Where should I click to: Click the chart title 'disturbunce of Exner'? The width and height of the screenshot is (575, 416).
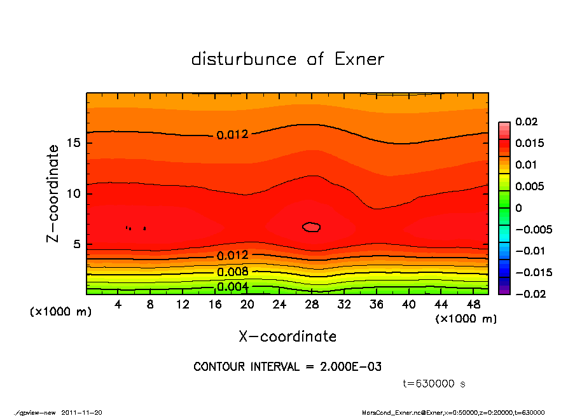[287, 59]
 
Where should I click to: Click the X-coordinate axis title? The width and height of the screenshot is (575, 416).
[287, 336]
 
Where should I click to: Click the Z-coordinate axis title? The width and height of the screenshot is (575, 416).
[53, 193]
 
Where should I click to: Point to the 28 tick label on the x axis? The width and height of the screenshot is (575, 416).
[312, 305]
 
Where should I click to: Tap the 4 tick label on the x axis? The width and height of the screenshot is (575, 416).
[118, 305]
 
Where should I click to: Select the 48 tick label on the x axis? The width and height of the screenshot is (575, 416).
[473, 305]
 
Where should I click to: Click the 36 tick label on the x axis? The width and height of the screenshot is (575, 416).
[376, 305]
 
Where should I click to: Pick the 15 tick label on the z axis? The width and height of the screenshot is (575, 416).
[74, 142]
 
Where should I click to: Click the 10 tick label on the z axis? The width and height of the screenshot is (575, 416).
[74, 193]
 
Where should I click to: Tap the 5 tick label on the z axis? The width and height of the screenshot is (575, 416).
[78, 244]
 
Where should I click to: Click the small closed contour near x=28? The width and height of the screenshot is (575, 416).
[311, 227]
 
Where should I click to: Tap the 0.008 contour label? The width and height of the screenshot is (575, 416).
[233, 272]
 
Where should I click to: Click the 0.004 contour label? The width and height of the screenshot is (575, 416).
[233, 287]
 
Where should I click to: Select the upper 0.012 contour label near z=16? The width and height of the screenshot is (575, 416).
[233, 135]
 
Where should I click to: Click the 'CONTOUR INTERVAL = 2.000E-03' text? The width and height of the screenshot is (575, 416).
[287, 366]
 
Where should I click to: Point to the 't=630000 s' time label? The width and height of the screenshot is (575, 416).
[435, 384]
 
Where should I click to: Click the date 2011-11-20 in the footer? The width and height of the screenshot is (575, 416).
[82, 412]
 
